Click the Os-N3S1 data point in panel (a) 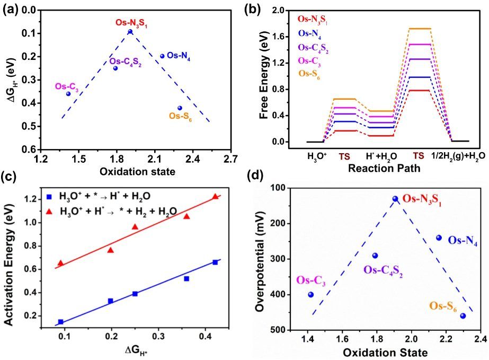pos(130,32)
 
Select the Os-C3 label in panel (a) pos(67,87)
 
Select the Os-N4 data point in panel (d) pos(439,238)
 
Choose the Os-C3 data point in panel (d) pos(311,295)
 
